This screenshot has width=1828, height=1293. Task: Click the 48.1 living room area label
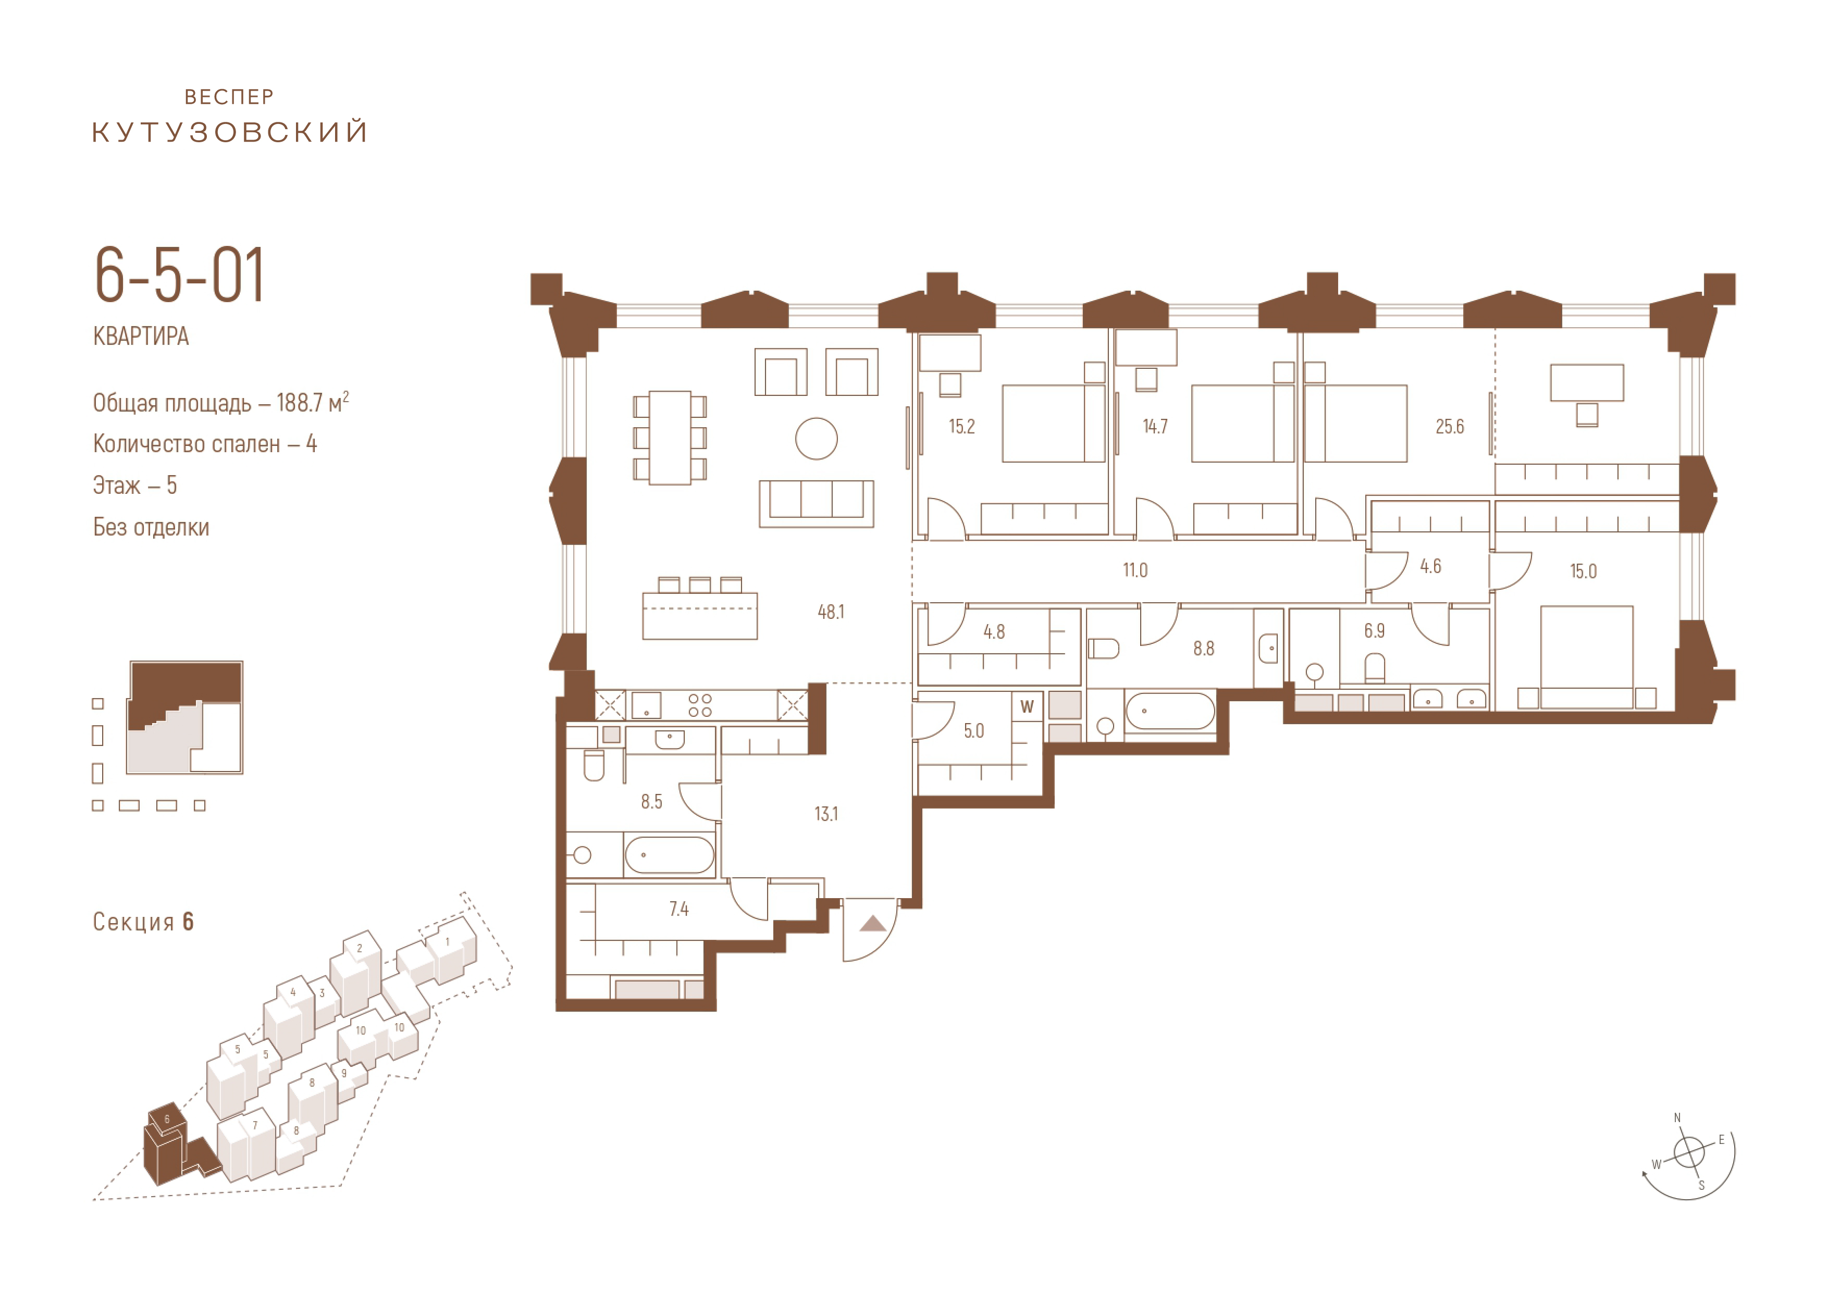pyautogui.click(x=831, y=612)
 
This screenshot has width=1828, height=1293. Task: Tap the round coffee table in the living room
pyautogui.click(x=816, y=439)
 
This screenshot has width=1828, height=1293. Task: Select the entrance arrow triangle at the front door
pyautogui.click(x=873, y=924)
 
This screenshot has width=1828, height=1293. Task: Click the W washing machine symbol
pyautogui.click(x=1027, y=706)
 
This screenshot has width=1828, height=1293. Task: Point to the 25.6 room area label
pyautogui.click(x=1450, y=427)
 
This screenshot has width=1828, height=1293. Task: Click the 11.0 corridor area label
pyautogui.click(x=1135, y=570)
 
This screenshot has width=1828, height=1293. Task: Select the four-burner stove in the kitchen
pyautogui.click(x=700, y=705)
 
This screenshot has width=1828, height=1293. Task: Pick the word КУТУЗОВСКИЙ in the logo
pyautogui.click(x=230, y=131)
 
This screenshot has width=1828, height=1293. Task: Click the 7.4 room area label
pyautogui.click(x=678, y=909)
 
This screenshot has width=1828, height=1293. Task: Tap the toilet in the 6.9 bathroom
pyautogui.click(x=1375, y=668)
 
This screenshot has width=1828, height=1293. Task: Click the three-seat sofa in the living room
pyautogui.click(x=816, y=503)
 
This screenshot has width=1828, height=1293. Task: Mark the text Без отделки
pyautogui.click(x=151, y=527)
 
